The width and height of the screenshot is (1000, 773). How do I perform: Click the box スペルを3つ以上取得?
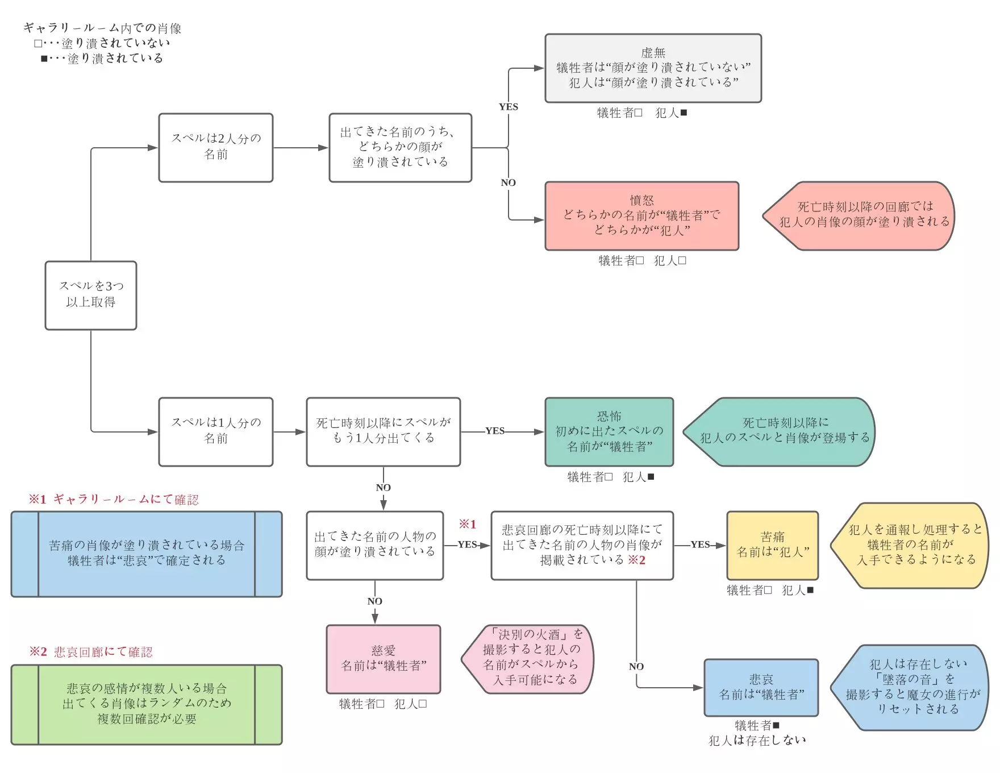pyautogui.click(x=91, y=295)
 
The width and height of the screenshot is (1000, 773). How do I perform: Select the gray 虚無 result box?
pyautogui.click(x=653, y=68)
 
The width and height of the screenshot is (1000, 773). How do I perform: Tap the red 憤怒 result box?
pyautogui.click(x=641, y=216)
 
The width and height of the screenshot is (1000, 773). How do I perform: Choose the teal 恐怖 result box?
pyautogui.click(x=609, y=432)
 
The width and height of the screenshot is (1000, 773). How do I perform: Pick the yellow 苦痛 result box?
pyautogui.click(x=772, y=545)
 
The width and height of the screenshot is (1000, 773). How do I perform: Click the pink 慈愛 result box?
pyautogui.click(x=383, y=659)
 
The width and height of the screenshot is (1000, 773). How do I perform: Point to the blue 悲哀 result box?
pyautogui.click(x=761, y=687)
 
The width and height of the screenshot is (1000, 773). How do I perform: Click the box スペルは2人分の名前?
pyautogui.click(x=216, y=147)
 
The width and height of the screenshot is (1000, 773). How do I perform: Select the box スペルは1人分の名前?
pyautogui.click(x=216, y=431)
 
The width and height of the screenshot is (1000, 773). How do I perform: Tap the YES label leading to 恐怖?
pyautogui.click(x=494, y=431)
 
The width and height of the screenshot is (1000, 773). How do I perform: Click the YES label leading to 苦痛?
pyautogui.click(x=700, y=545)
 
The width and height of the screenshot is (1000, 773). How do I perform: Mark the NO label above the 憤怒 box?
pyautogui.click(x=508, y=182)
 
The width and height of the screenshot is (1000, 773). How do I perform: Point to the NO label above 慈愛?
pyautogui.click(x=374, y=601)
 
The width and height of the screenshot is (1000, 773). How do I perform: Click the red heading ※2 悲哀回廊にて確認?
pyautogui.click(x=91, y=652)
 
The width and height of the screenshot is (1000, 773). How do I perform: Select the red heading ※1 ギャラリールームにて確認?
pyautogui.click(x=114, y=500)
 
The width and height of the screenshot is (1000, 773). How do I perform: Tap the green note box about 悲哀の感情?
pyautogui.click(x=147, y=704)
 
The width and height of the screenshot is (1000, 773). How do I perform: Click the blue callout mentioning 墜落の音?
pyautogui.click(x=911, y=687)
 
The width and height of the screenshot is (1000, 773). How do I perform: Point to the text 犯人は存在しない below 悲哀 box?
pyautogui.click(x=757, y=740)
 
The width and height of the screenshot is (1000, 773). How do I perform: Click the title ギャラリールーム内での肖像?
pyautogui.click(x=102, y=28)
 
